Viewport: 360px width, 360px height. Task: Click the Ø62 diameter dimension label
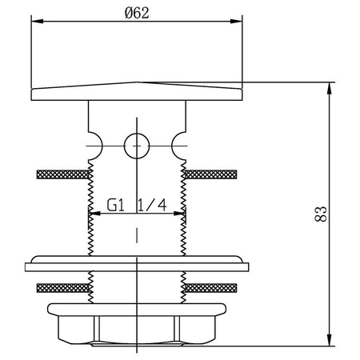pos(137,13)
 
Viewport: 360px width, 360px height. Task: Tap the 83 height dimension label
pos(321,214)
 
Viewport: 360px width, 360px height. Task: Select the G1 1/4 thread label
pos(137,206)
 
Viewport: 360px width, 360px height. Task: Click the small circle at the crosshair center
pos(137,146)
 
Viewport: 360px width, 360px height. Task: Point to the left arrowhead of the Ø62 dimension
pos(37,22)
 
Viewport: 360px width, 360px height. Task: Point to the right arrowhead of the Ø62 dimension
pos(236,22)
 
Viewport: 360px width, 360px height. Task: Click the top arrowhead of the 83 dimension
pos(330,88)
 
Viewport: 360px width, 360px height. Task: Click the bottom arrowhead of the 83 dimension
pos(330,340)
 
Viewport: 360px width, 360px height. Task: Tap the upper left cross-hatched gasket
pos(62,174)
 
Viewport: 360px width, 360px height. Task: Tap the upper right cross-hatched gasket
pos(210,174)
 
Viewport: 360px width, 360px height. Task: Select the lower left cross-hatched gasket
pos(62,288)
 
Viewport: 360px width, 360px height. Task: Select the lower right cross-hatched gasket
pos(210,288)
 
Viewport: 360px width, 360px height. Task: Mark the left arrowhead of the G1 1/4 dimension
pos(94,214)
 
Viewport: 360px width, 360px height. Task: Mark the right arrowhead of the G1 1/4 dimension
pos(179,214)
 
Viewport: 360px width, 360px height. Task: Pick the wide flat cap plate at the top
pos(137,92)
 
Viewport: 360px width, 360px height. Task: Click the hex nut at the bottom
pos(137,325)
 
